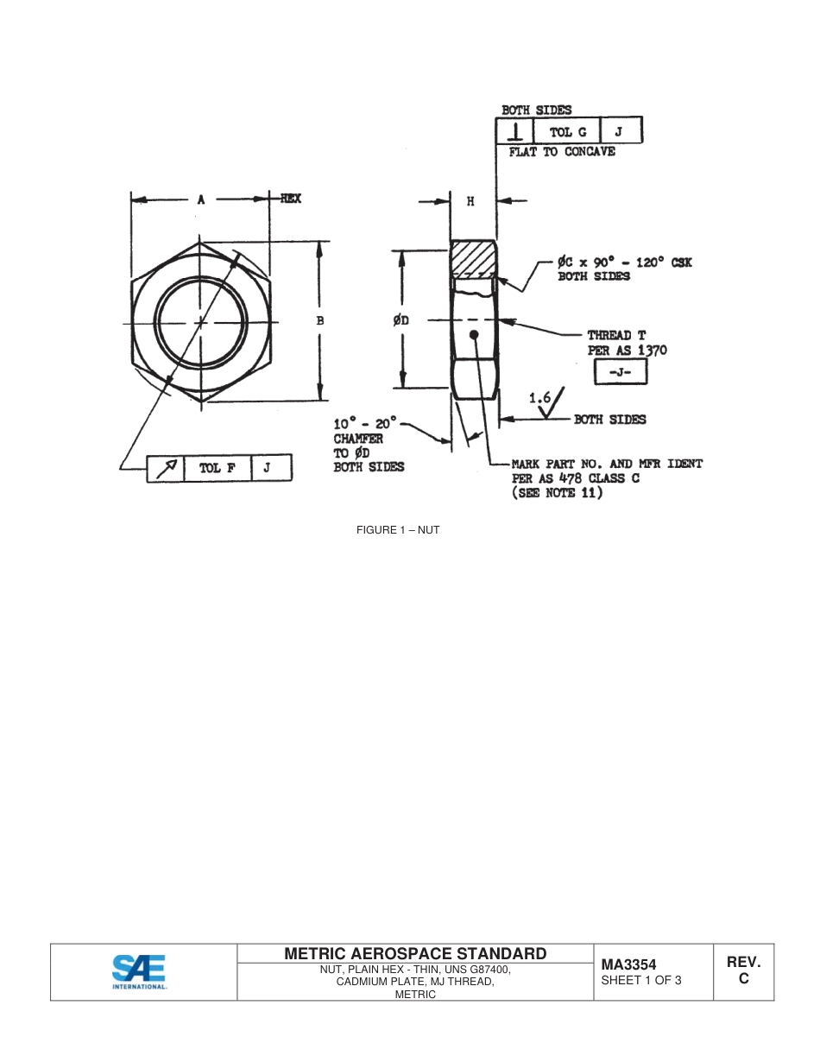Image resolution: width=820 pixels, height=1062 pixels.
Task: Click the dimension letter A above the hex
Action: (200, 199)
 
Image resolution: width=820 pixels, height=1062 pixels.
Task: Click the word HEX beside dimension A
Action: (290, 199)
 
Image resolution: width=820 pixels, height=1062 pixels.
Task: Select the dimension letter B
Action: (320, 320)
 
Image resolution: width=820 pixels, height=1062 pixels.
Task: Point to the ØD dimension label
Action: (401, 320)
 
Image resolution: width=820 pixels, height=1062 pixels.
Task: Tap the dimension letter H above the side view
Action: (470, 201)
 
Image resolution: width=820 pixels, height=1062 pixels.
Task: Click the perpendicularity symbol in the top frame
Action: (515, 132)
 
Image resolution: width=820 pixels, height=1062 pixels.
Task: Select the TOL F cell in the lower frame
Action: (217, 468)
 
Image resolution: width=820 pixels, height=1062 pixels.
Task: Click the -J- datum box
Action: (620, 371)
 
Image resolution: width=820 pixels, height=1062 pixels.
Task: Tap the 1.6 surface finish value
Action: (539, 398)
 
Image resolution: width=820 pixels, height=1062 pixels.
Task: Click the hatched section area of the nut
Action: (472, 258)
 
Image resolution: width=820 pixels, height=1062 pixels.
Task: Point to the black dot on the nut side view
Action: (473, 334)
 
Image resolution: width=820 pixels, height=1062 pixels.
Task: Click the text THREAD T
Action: (616, 335)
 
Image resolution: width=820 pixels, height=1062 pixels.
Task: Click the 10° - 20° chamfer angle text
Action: (364, 423)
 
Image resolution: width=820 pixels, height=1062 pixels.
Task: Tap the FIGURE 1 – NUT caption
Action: (398, 530)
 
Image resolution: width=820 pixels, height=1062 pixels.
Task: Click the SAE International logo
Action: (139, 971)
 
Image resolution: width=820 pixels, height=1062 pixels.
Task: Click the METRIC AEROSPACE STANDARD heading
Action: (415, 953)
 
